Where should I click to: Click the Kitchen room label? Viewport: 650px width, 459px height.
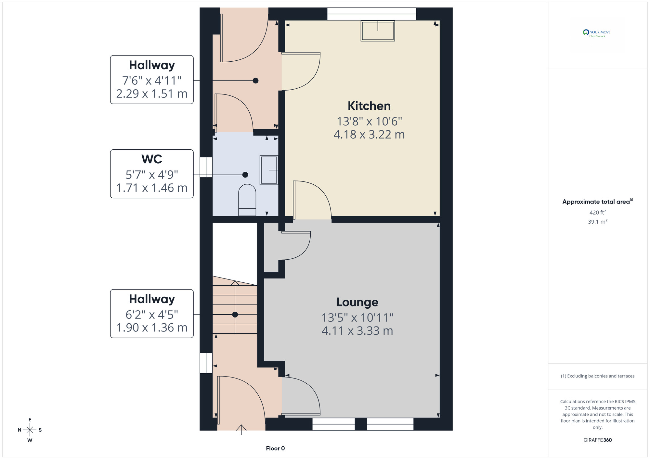coord(369,106)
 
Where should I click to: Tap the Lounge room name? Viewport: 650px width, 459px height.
coord(357,302)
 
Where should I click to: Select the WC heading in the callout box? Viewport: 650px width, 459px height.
coord(152,159)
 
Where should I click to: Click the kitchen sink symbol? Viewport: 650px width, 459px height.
coord(378,31)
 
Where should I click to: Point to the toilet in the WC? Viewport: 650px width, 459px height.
coord(247,200)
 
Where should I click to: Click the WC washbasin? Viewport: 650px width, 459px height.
coord(269,170)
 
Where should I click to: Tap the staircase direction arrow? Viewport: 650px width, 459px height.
coord(235,307)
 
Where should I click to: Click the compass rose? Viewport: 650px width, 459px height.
coord(30,430)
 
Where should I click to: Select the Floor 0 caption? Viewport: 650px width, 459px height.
coord(275,448)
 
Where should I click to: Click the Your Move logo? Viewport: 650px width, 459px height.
coord(597,33)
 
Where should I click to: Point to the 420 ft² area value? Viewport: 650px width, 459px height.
coord(598,212)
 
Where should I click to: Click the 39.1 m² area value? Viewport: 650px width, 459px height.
coord(598,222)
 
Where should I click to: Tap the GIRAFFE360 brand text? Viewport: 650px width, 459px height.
coord(598,440)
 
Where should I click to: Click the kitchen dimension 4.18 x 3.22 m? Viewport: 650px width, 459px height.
coord(369,134)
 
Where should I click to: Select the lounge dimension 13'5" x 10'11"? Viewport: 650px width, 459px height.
coord(357,317)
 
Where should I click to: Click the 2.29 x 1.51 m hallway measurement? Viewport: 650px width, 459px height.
coord(152,94)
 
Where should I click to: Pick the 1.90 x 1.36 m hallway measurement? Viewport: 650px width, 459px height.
coord(152,328)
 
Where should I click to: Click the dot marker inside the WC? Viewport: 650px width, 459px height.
coord(245,175)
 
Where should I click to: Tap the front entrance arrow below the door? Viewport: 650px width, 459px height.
coord(241,429)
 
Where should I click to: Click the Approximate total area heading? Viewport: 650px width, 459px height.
coord(598,202)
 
